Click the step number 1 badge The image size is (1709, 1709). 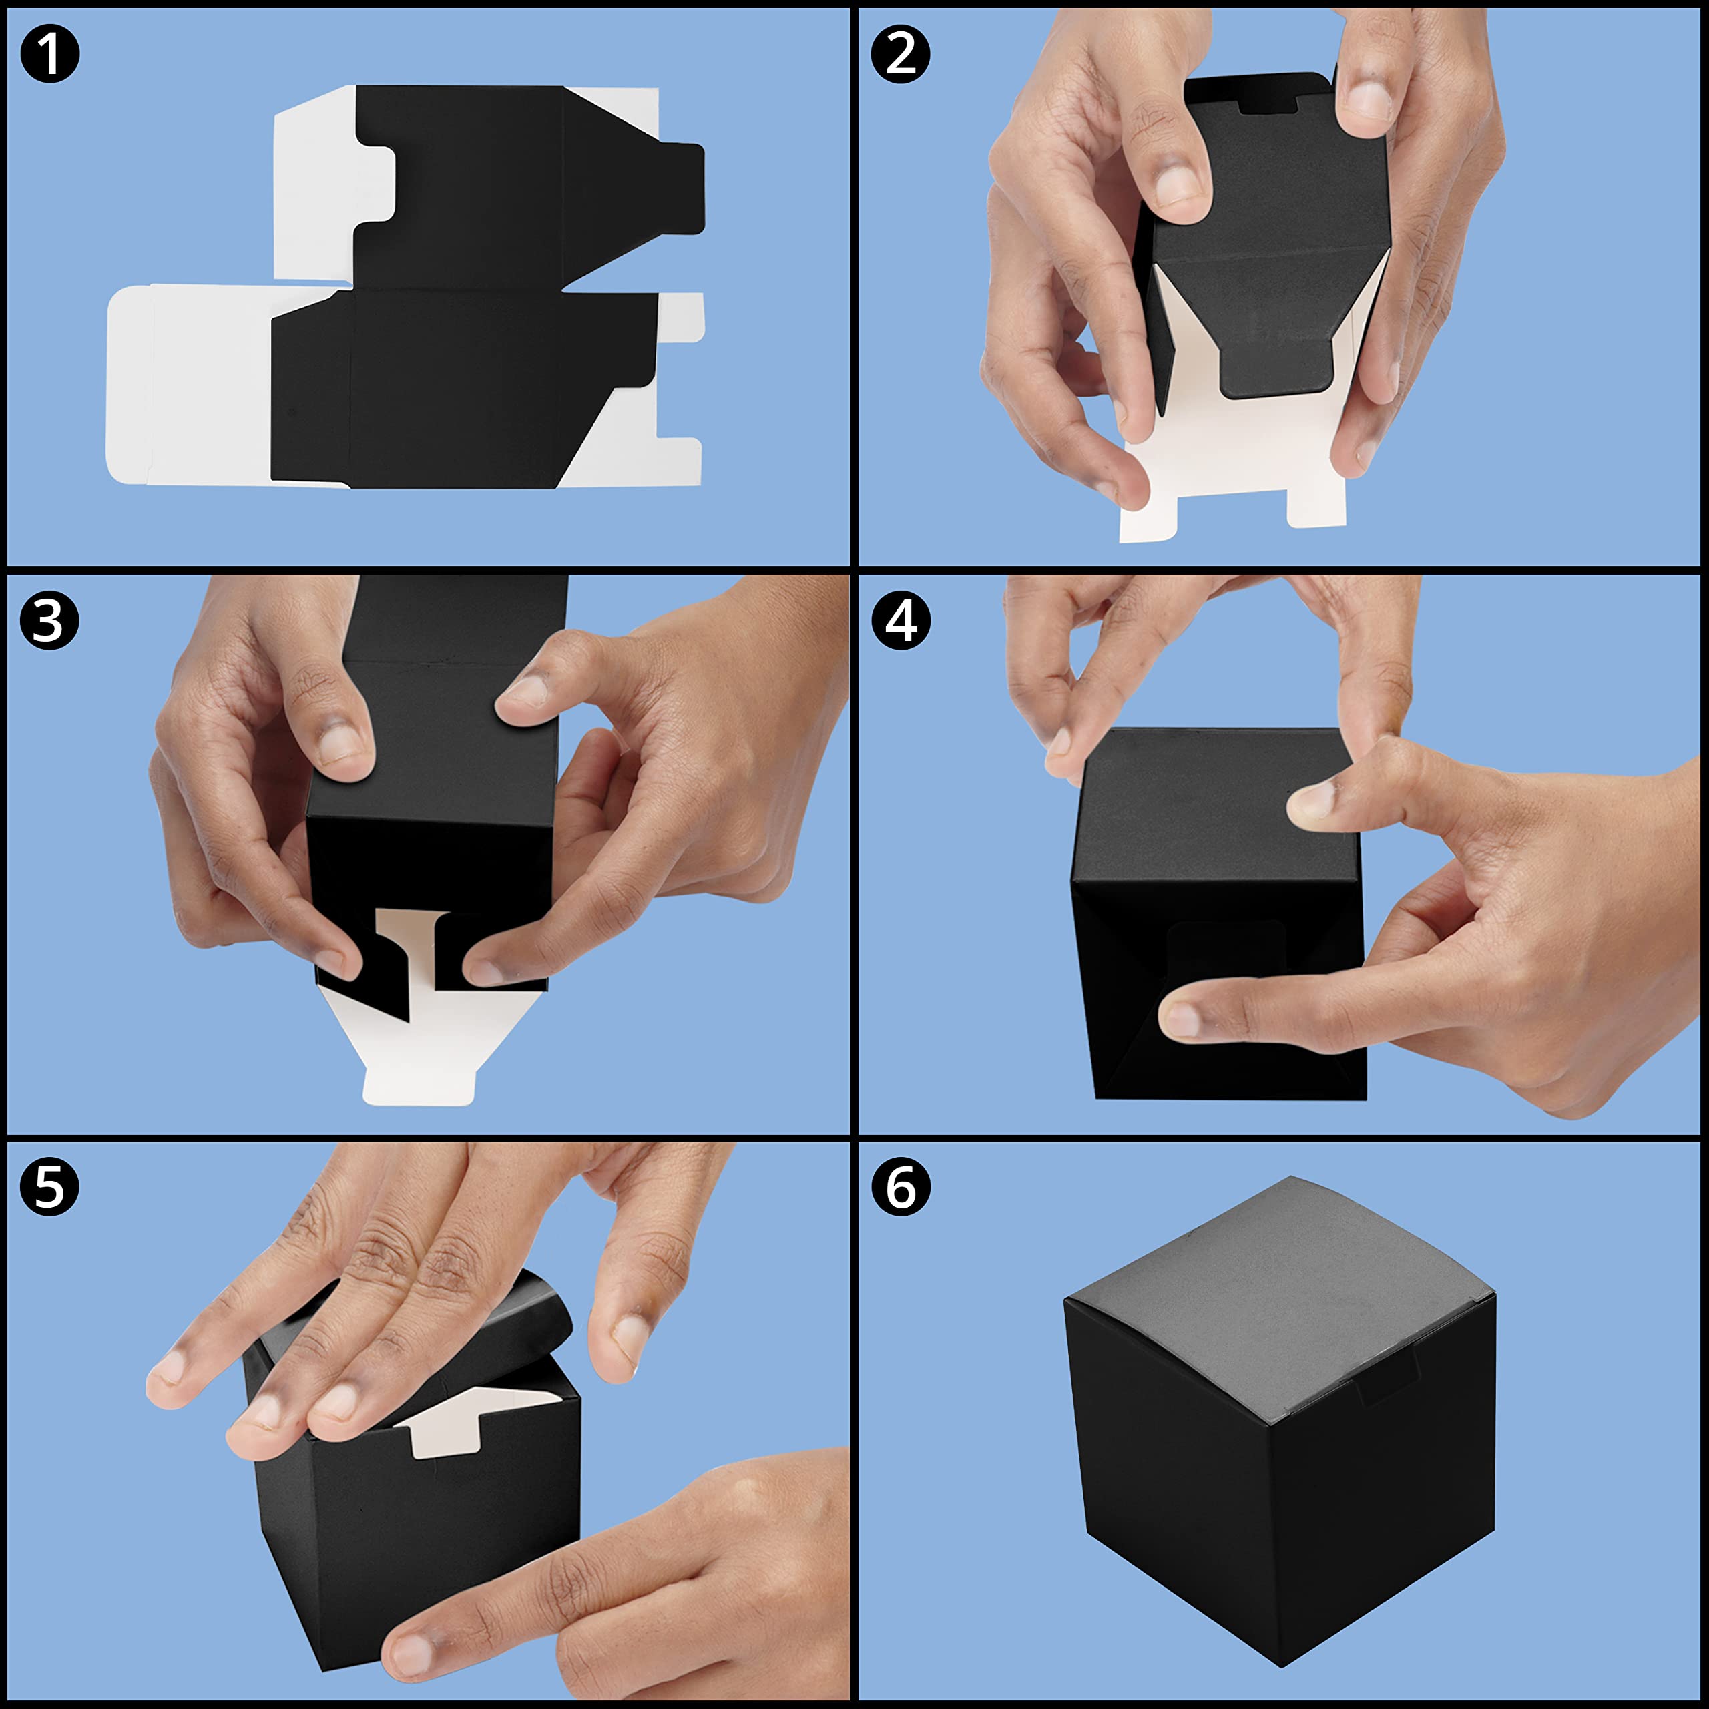coord(49,55)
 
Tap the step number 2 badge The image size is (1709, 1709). coord(901,55)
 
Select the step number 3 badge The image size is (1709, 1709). coord(49,620)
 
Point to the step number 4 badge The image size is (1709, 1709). coord(901,620)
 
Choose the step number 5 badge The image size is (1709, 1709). coord(49,1186)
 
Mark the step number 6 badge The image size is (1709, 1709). coord(901,1186)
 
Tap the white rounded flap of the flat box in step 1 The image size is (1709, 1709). coord(129,385)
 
